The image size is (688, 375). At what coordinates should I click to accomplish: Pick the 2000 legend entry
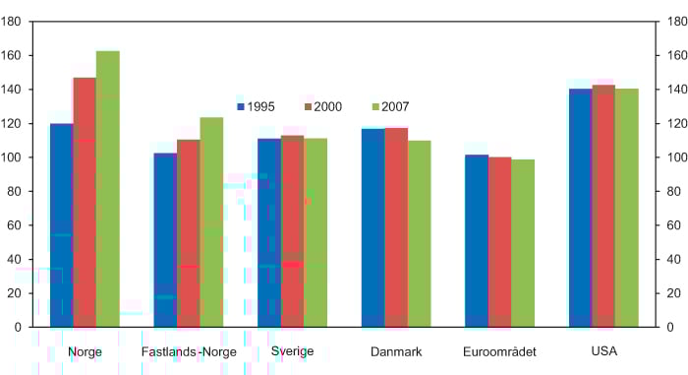pyautogui.click(x=321, y=106)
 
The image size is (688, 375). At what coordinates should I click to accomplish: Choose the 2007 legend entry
pyautogui.click(x=389, y=106)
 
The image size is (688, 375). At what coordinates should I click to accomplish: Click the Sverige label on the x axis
pyautogui.click(x=292, y=351)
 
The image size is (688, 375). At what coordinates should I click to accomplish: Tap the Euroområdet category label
pyautogui.click(x=499, y=351)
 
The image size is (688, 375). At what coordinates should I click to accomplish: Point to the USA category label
pyautogui.click(x=603, y=351)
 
